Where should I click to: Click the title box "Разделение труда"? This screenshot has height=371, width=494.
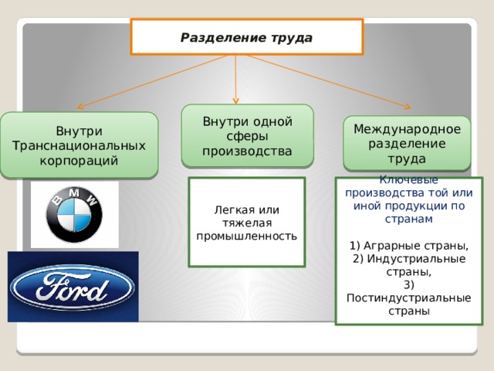click(246, 36)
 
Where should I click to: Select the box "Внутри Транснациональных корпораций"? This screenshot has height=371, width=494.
click(79, 145)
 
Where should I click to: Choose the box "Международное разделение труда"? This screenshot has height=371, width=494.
click(407, 143)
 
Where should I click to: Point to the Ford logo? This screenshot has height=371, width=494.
click(73, 287)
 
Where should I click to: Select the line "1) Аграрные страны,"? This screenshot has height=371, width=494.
click(409, 246)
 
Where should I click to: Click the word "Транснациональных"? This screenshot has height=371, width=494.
click(79, 145)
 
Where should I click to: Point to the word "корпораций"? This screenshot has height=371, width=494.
click(79, 160)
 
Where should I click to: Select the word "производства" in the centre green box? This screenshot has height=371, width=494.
click(247, 150)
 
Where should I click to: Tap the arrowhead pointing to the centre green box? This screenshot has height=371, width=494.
click(235, 100)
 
